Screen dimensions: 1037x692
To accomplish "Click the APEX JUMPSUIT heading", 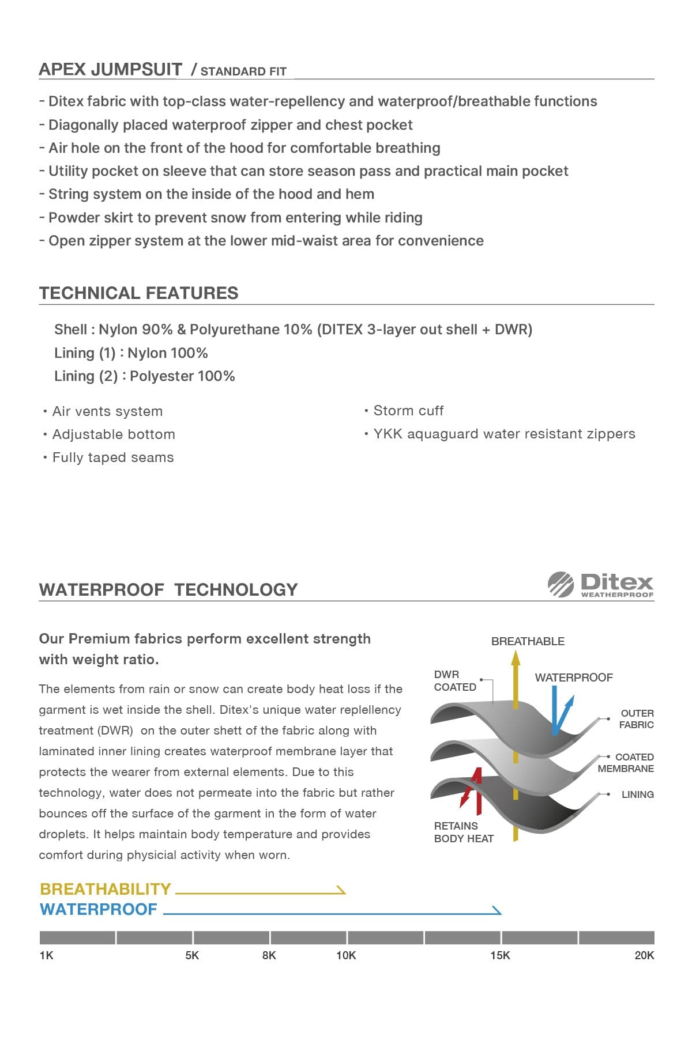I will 110,70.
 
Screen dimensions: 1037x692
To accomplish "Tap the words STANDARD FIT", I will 243,71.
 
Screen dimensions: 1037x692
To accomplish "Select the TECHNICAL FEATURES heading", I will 138,293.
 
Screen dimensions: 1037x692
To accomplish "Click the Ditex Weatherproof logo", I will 601,585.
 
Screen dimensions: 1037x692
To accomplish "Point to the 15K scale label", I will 500,955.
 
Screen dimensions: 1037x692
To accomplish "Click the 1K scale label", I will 46,955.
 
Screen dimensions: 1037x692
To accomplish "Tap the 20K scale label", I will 644,955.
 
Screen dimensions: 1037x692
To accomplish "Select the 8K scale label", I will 269,955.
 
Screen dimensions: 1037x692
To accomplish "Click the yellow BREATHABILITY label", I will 106,889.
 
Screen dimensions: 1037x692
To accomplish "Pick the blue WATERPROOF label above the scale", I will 99,909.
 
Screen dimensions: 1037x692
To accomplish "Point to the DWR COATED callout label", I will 454,680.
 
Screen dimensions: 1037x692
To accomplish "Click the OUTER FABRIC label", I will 637,719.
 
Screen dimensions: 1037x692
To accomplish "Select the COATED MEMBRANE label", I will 626,763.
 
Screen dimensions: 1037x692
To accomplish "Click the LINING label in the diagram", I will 637,794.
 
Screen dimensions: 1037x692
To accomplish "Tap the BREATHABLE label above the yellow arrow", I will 528,641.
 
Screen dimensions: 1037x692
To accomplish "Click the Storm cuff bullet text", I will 408,411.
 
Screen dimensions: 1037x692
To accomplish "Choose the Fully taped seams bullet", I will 112,457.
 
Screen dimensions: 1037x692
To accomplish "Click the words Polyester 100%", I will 182,376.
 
